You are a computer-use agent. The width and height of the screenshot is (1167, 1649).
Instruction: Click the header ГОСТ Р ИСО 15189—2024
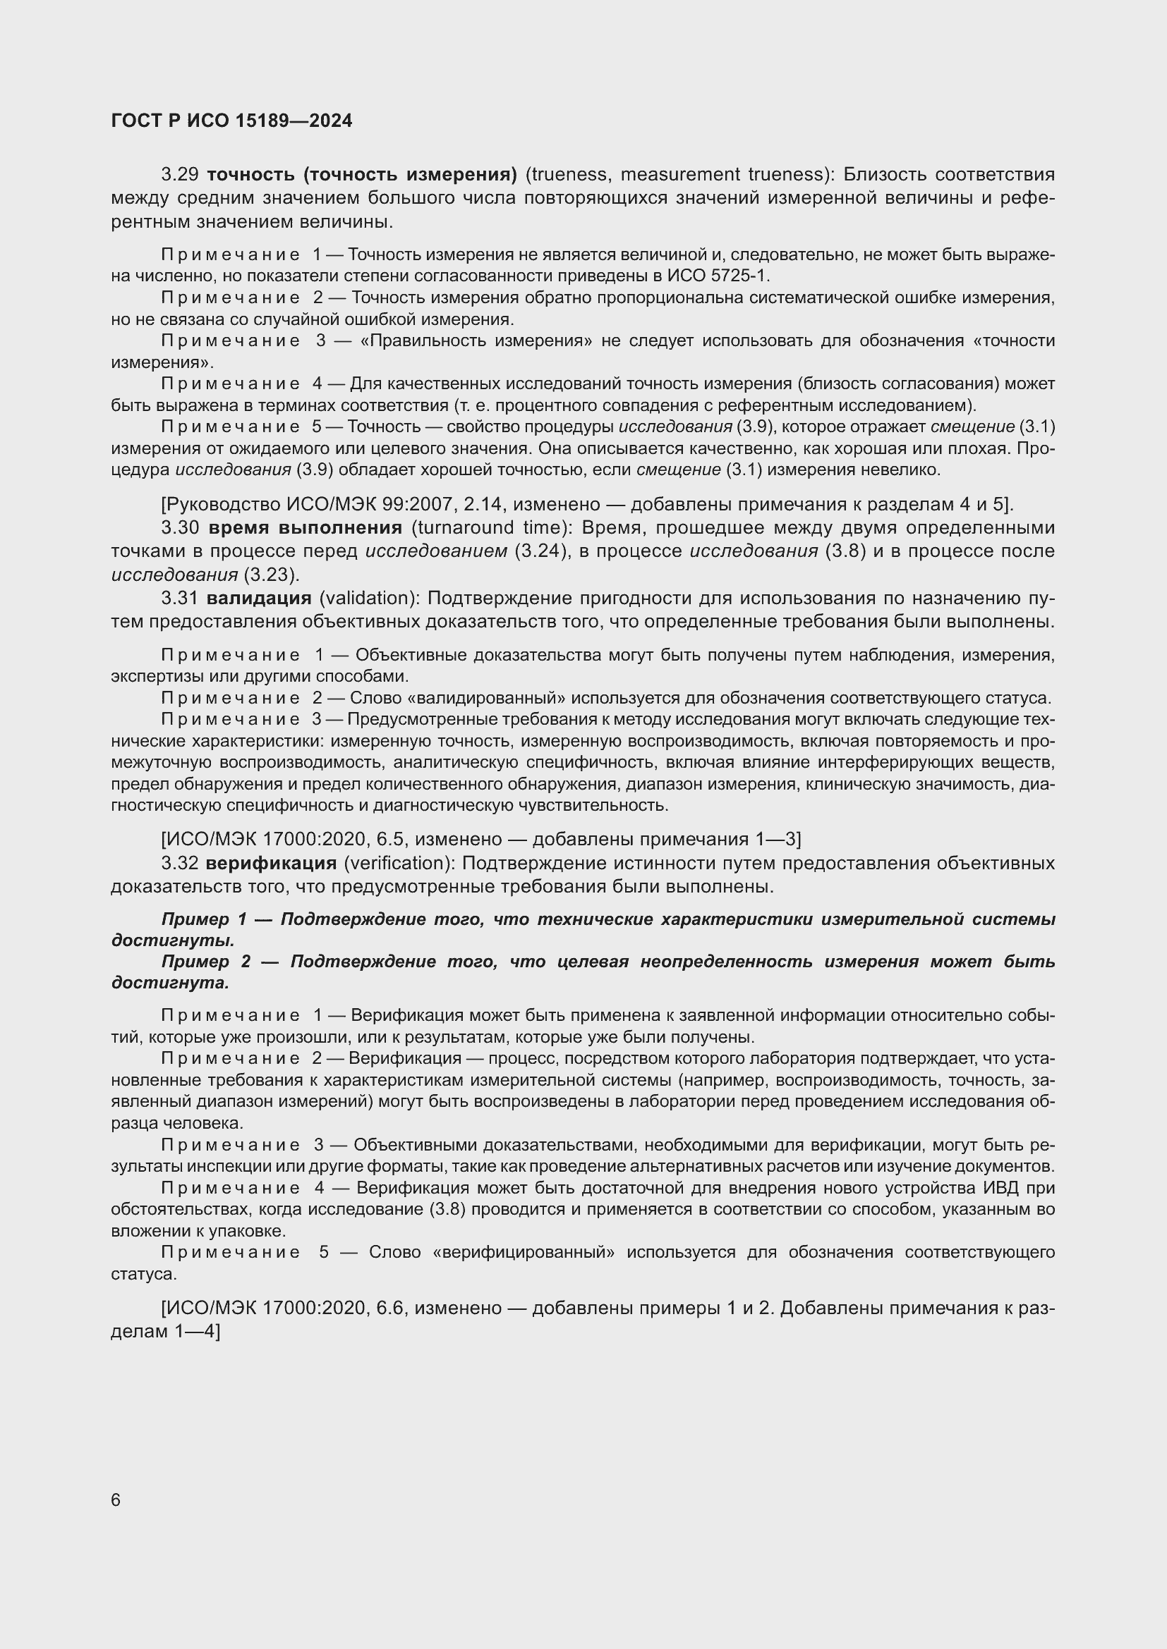231,121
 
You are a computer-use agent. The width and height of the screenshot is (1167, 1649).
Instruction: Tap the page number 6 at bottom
116,1500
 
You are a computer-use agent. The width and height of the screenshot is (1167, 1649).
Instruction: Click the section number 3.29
180,175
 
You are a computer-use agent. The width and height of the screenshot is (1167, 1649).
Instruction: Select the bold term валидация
259,599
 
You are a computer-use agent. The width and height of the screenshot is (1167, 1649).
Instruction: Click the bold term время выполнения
305,528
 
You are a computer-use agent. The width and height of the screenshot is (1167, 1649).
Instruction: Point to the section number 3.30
180,528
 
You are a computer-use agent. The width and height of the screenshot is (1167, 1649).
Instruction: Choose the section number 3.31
180,599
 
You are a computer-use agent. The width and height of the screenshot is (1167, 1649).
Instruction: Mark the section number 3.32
180,864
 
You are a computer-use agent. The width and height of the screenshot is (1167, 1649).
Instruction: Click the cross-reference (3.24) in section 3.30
542,551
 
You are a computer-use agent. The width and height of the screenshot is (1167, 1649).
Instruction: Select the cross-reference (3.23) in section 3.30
271,575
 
